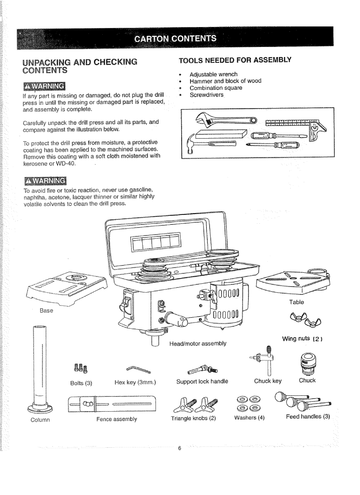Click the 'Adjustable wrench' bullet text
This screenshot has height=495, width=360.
[x=213, y=74]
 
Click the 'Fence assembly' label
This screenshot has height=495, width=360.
[x=117, y=419]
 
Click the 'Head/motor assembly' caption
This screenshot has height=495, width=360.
[x=198, y=343]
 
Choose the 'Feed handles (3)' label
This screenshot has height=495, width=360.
[x=308, y=417]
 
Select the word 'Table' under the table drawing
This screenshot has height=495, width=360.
[x=296, y=302]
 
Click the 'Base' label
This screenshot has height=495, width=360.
[x=47, y=310]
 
